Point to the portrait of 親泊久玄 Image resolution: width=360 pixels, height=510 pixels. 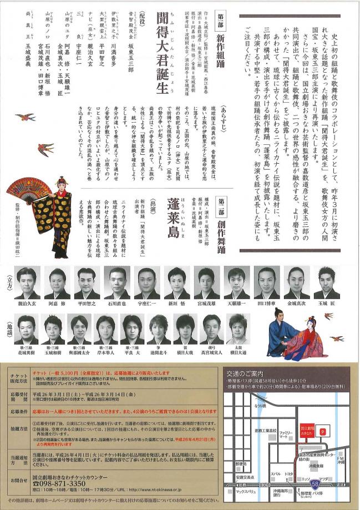point(27,282)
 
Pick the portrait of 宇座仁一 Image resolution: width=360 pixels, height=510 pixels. point(146,282)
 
